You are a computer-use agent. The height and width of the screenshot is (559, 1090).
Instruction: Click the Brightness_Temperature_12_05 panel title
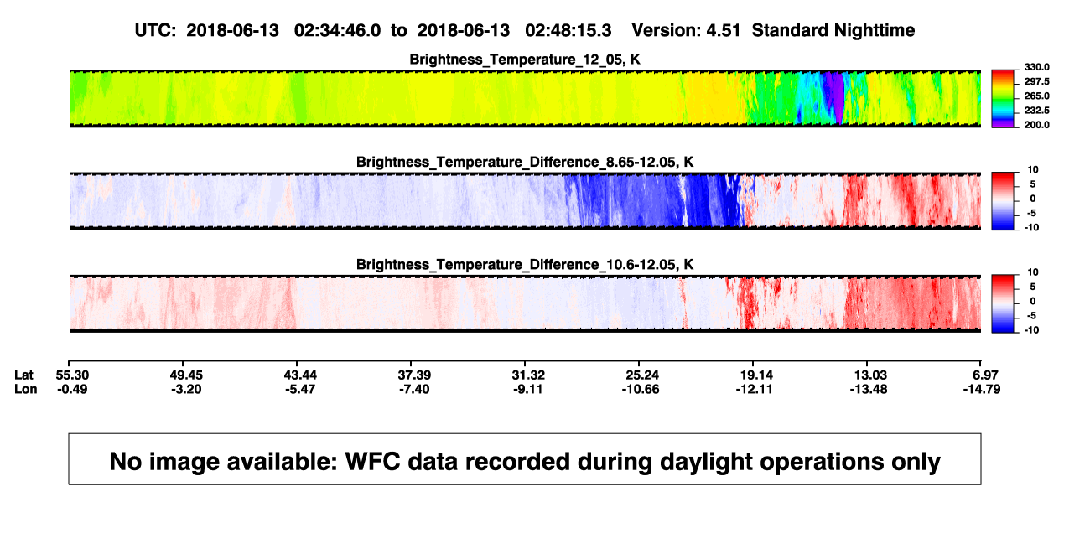525,60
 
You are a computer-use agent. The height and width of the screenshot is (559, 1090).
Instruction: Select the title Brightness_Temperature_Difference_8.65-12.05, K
525,162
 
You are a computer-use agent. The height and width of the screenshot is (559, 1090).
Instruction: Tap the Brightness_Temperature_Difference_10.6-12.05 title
525,265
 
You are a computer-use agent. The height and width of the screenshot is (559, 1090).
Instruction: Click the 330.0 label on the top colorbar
1036,67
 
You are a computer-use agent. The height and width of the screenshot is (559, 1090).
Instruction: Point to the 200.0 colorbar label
1036,125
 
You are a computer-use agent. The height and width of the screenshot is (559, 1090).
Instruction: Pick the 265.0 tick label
1036,96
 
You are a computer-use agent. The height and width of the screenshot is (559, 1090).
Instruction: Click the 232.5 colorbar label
1036,111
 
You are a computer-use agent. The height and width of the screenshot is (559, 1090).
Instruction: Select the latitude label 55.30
72,375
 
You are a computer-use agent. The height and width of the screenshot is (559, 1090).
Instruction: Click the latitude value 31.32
528,375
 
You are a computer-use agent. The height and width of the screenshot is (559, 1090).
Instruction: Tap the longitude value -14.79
982,389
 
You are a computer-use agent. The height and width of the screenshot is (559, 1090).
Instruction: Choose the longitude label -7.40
414,389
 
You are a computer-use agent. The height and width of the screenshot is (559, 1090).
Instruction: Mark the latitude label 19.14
756,375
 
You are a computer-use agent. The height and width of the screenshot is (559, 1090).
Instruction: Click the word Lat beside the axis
23,375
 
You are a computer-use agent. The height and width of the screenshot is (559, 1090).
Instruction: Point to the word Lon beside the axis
26,389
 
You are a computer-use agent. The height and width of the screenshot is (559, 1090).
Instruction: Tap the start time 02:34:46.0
337,31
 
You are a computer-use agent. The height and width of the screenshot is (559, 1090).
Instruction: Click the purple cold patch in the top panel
838,97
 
